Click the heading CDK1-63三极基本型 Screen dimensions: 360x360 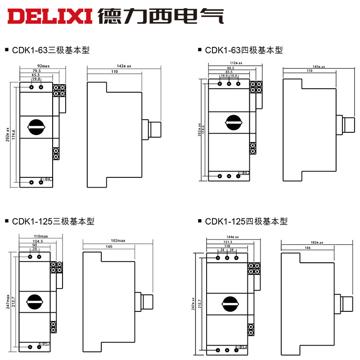click(49, 50)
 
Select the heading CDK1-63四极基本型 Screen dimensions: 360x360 click(243, 50)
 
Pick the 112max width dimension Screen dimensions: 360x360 click(236, 63)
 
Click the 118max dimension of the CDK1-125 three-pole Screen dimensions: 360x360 click(40, 236)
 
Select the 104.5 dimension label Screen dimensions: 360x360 click(38, 241)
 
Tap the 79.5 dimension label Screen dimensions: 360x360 click(36, 71)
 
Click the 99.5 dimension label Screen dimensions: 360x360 click(230, 67)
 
